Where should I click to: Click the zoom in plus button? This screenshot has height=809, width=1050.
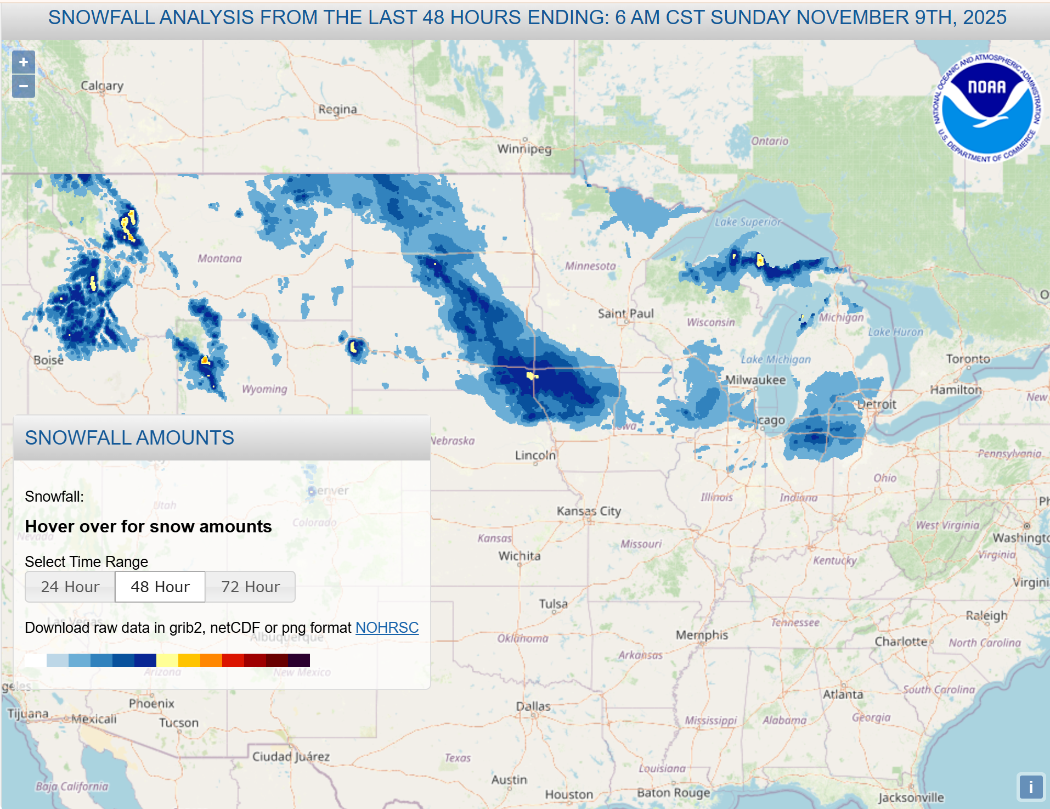tap(23, 63)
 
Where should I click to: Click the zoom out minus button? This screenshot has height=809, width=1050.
tap(23, 86)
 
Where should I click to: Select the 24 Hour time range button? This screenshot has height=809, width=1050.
tap(70, 587)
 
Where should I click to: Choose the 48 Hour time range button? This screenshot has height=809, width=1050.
tap(160, 587)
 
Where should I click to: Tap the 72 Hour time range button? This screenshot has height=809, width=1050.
tap(250, 587)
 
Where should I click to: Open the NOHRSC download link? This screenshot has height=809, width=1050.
tap(387, 627)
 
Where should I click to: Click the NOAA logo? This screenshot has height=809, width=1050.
tap(987, 108)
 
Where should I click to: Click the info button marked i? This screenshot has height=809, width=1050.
tap(1030, 787)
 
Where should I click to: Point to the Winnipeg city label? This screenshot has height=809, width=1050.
tap(524, 149)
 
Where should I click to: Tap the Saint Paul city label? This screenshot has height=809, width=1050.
tap(625, 313)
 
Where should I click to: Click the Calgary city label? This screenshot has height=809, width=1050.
tap(102, 86)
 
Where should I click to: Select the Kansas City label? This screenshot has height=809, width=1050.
tap(589, 511)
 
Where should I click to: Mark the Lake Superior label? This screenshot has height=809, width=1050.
tap(747, 222)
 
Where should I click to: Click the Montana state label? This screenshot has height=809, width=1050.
tap(219, 258)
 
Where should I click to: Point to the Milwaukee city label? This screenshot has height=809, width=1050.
tap(755, 380)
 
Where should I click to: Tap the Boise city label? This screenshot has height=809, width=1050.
tap(48, 360)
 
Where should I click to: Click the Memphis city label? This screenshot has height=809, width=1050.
tap(702, 635)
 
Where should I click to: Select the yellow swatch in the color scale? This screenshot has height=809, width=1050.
tap(167, 660)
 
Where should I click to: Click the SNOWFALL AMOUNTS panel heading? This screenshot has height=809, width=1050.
tap(129, 437)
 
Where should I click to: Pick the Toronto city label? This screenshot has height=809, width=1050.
tap(968, 359)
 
